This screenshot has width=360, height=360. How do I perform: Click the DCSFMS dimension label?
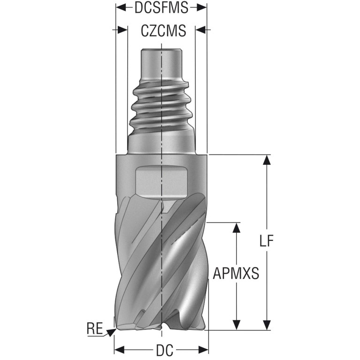point(161,8)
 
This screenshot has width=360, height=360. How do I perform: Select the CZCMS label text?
point(163,31)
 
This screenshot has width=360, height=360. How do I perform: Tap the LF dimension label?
point(267,241)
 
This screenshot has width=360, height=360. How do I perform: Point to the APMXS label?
point(236,274)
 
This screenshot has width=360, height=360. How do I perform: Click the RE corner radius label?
point(95,328)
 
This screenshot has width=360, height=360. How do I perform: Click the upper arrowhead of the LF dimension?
point(267,160)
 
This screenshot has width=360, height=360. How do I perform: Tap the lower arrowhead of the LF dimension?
point(267,325)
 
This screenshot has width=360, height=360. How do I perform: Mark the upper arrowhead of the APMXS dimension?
point(236,228)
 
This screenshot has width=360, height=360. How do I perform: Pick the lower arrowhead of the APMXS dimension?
point(236,325)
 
